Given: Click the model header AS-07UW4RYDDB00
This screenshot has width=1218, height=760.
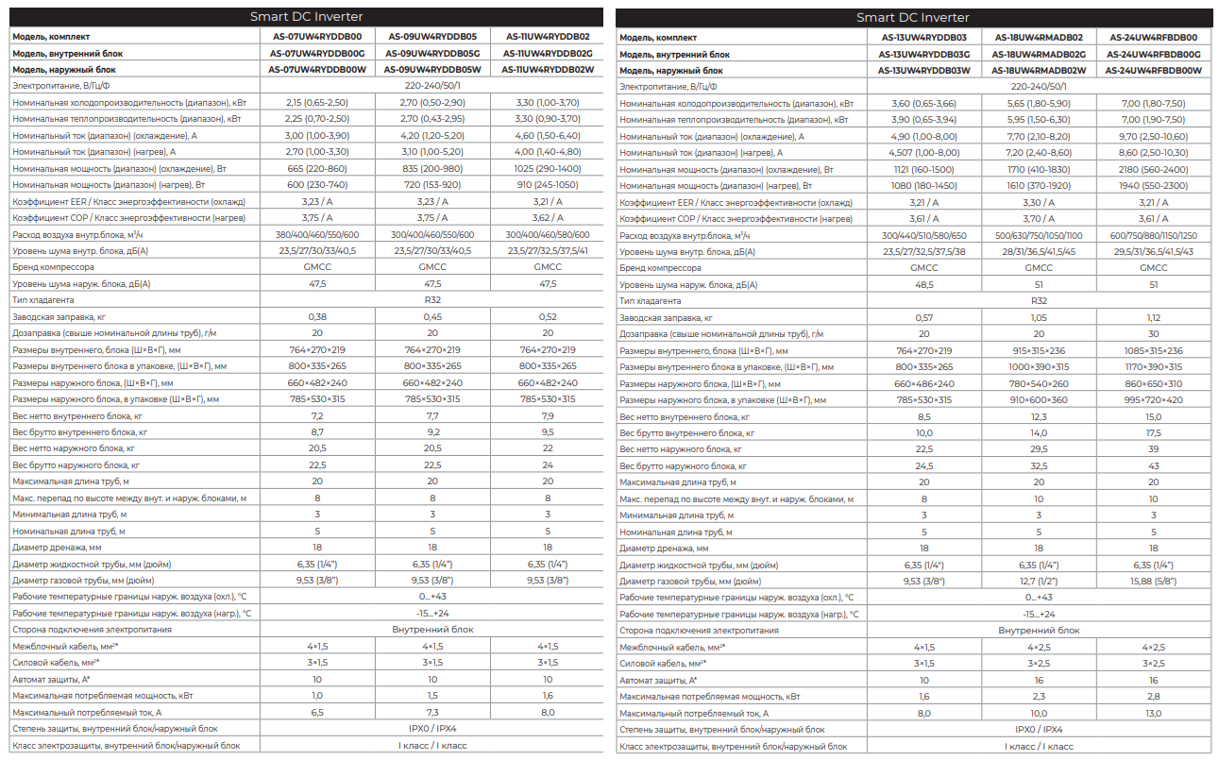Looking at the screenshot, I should [317, 37].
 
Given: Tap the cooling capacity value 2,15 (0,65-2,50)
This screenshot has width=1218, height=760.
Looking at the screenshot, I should [317, 102].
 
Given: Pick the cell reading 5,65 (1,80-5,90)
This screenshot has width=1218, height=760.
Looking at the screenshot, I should [1038, 103].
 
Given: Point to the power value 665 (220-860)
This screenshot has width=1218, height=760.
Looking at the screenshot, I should [317, 168].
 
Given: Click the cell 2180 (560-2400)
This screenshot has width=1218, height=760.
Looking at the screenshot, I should [1154, 169].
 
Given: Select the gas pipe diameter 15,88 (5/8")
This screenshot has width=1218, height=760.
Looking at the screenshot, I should [1154, 581].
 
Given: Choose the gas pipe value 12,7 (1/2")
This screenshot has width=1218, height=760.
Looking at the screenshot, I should [1038, 581].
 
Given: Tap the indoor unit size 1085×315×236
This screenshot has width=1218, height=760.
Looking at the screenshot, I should [1154, 350].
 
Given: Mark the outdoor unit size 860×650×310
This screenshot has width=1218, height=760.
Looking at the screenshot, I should [1154, 383].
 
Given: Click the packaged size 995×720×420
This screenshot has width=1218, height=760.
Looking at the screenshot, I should [1154, 400].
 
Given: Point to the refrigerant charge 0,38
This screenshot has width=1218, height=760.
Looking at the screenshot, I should [317, 316].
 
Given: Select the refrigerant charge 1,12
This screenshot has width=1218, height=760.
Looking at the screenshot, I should [1154, 317].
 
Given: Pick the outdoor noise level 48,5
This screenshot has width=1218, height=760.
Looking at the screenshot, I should [923, 284].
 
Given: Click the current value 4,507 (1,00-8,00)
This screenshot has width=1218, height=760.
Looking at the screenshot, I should [923, 152].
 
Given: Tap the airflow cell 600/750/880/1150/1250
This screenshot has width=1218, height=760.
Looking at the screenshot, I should [1154, 235].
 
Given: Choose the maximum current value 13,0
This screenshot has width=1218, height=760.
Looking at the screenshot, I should [1154, 713].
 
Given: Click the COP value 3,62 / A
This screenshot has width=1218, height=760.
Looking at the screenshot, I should [548, 217].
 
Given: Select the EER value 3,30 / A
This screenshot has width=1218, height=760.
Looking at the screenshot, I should [1038, 202].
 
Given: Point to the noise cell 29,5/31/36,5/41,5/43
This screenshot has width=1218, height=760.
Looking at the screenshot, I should [1154, 251].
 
